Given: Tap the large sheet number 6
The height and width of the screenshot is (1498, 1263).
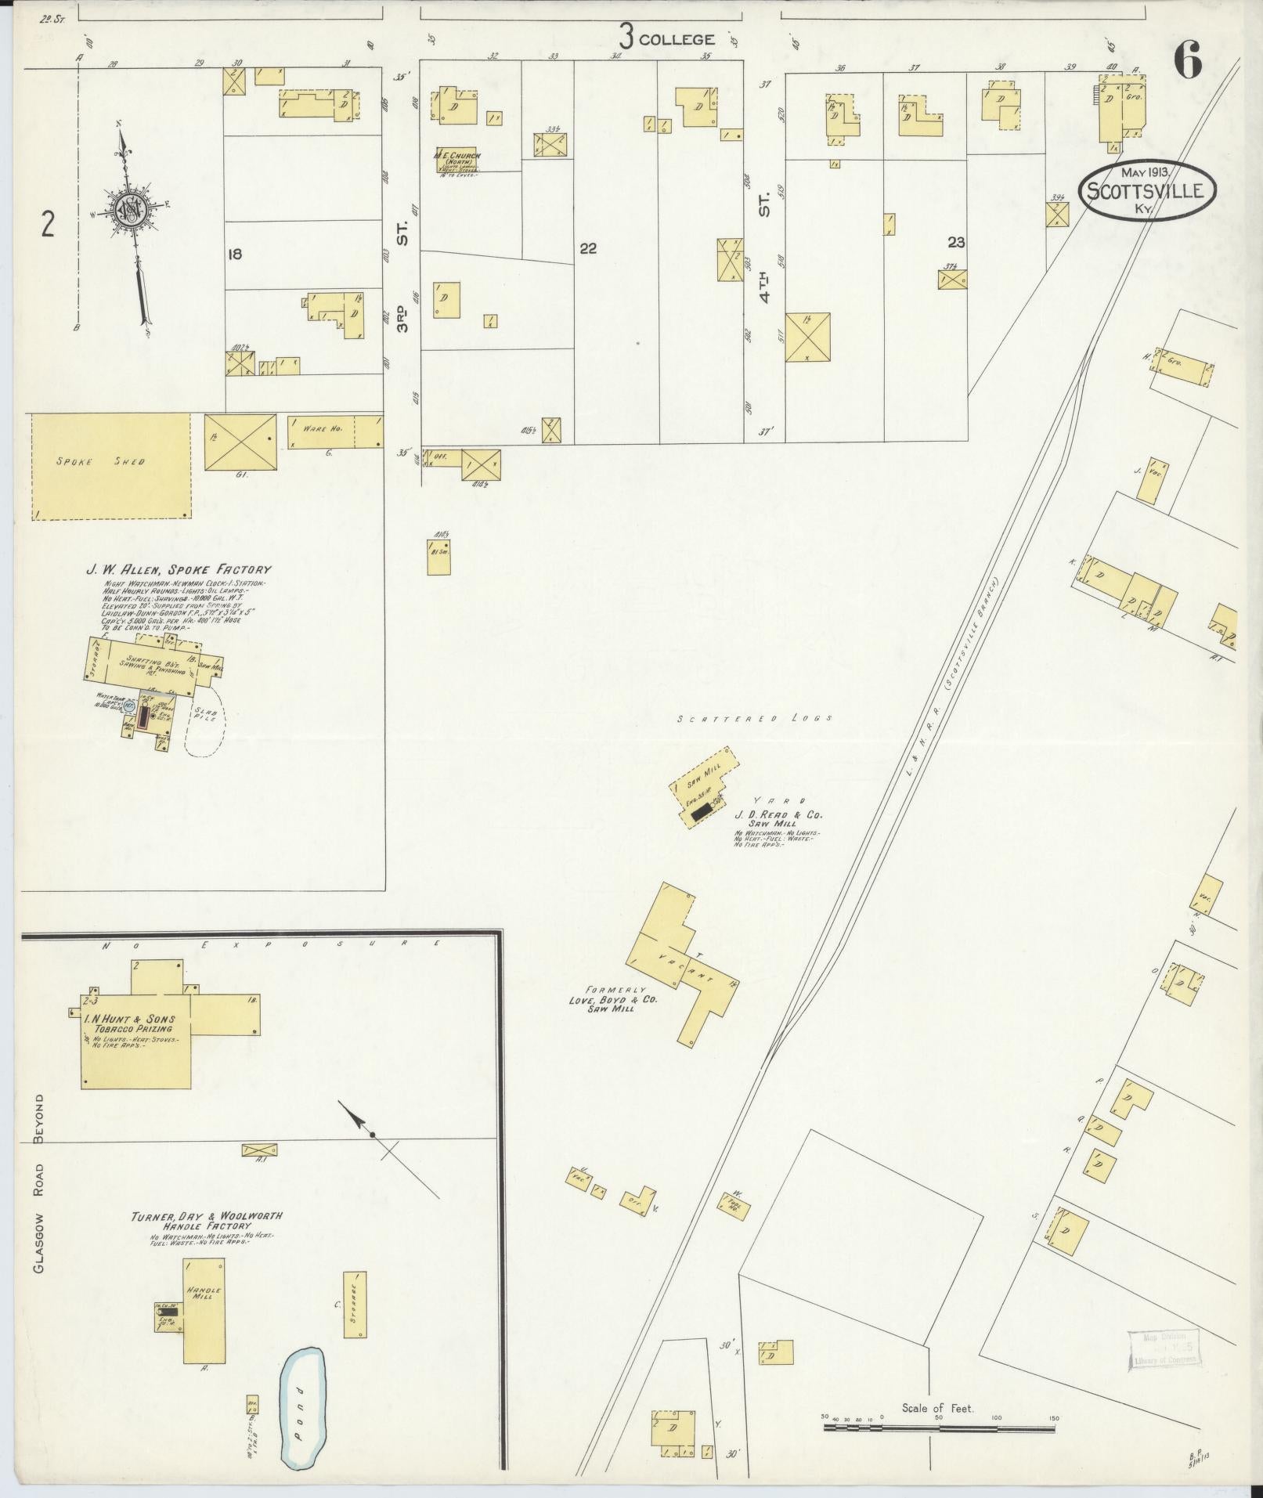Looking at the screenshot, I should click(1188, 63).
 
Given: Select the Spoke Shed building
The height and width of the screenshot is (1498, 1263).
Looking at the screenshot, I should click(110, 466).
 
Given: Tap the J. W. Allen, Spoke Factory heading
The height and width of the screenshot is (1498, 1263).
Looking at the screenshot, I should click(179, 570).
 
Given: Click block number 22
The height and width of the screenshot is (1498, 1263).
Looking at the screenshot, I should click(589, 248).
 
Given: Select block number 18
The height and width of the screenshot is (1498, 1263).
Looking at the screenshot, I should click(233, 254).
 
